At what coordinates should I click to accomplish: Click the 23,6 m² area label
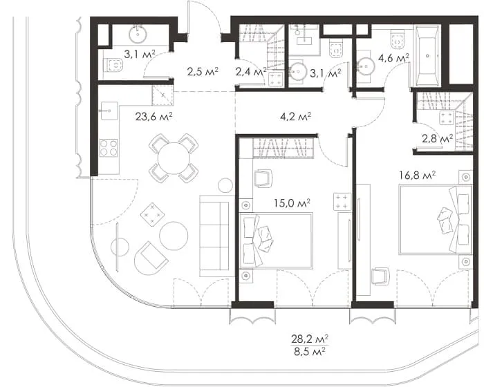153,117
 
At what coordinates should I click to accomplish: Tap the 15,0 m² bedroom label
292,203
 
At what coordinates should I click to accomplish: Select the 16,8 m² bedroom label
417,176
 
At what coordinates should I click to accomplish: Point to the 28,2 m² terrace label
310,339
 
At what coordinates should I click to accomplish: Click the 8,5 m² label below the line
310,351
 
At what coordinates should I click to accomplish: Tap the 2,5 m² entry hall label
203,72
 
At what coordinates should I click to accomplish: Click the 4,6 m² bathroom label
394,58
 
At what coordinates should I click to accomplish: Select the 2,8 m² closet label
438,139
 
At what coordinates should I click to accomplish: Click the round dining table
174,159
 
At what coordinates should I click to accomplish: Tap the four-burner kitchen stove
109,148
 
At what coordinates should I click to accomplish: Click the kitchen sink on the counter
109,111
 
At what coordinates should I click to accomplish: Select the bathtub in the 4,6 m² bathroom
427,56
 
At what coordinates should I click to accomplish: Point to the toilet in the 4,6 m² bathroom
398,39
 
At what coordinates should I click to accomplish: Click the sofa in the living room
214,236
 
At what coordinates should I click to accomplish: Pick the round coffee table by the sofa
174,236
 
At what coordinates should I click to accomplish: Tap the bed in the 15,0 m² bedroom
276,240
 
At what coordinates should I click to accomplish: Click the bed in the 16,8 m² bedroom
436,220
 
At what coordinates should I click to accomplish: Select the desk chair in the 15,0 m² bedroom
263,178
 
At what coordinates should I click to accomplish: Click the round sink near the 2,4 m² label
298,72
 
